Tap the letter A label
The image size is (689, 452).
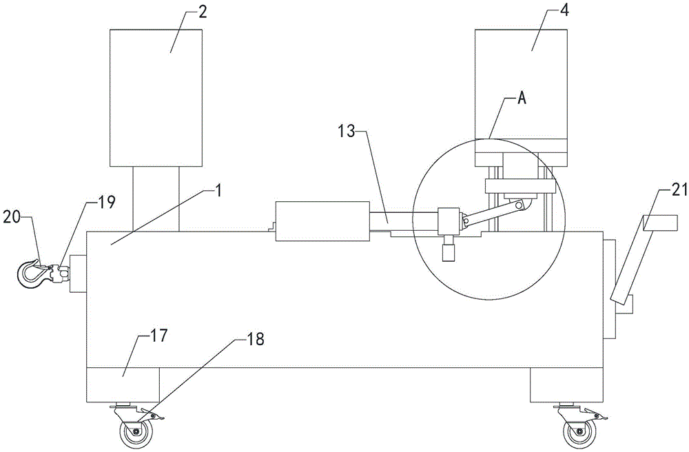click(522, 99)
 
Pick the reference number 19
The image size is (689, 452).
click(106, 202)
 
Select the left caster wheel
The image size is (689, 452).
click(136, 434)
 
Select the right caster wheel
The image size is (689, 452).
click(578, 434)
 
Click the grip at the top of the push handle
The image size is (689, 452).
click(660, 223)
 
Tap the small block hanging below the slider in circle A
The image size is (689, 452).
click(449, 251)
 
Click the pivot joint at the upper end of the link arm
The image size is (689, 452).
click(521, 205)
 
